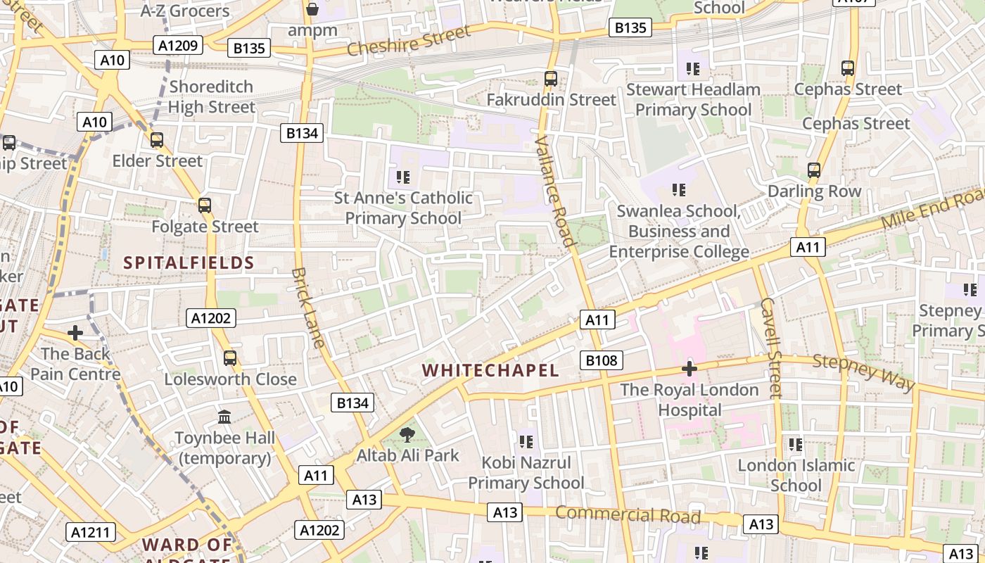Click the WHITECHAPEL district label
click(x=490, y=370)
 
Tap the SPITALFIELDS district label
click(x=189, y=263)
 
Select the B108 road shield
click(x=602, y=361)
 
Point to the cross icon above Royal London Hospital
click(x=689, y=369)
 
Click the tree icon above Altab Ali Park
click(x=407, y=434)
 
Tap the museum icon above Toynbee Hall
click(x=225, y=417)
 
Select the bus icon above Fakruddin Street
click(x=551, y=79)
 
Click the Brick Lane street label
click(x=308, y=308)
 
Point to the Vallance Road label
click(x=554, y=191)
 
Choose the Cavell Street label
click(x=771, y=348)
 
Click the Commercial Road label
click(x=628, y=515)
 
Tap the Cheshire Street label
click(x=409, y=41)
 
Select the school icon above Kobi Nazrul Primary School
click(x=526, y=442)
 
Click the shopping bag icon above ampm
click(x=312, y=9)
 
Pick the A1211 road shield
click(x=91, y=532)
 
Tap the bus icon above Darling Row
click(x=814, y=170)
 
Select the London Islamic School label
click(x=796, y=475)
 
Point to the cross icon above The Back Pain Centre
click(x=75, y=332)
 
